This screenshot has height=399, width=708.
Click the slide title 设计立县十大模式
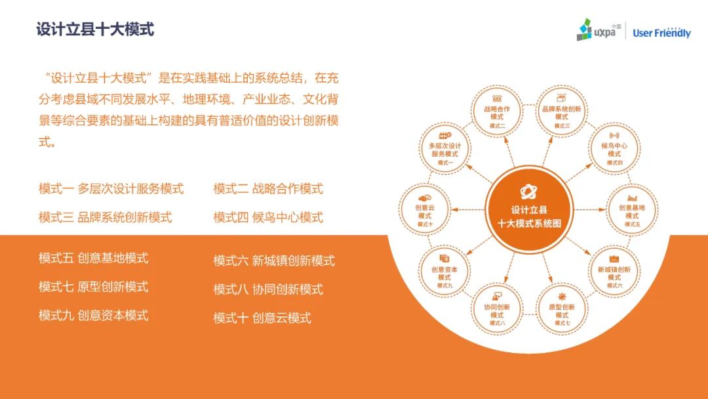tap(95, 30)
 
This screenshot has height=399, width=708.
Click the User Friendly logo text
tap(661, 33)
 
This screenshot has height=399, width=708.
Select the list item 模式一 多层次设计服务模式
tap(111, 188)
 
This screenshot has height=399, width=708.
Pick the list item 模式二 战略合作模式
tap(268, 188)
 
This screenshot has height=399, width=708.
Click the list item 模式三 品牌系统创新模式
tap(105, 217)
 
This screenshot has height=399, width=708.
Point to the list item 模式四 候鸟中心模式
tap(268, 217)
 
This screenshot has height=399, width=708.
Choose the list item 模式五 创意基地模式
tap(94, 258)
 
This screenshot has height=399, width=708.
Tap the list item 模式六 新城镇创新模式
tap(274, 261)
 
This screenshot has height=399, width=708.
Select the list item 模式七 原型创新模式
tap(94, 287)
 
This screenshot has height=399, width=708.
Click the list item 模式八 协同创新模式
tap(268, 289)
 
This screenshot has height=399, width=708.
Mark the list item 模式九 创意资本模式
tap(94, 316)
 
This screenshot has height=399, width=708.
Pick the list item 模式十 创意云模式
tap(262, 318)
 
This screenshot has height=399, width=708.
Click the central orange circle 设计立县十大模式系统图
tap(529, 209)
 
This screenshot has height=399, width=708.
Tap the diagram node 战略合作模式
tap(497, 112)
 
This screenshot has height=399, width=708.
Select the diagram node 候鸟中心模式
tap(614, 149)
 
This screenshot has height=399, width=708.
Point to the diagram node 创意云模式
tap(424, 209)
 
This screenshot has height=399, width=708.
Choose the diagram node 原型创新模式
tap(562, 309)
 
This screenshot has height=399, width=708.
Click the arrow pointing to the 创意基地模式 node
tap(590, 209)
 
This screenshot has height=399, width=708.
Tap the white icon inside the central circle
tap(528, 192)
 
